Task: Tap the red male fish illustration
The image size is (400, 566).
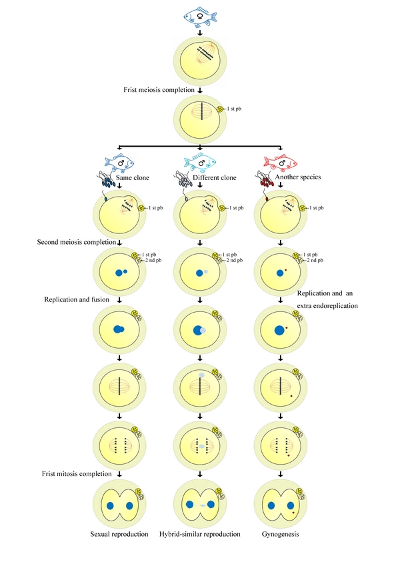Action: tap(280, 162)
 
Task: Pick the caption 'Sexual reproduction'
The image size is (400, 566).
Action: tap(119, 533)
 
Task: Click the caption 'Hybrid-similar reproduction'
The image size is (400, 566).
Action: tap(201, 533)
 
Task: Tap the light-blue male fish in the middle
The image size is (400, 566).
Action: tap(200, 162)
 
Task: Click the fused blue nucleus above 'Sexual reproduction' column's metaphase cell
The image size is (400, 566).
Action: tap(119, 328)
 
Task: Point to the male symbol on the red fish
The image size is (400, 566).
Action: tap(283, 162)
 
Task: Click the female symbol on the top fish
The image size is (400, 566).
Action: tap(201, 17)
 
